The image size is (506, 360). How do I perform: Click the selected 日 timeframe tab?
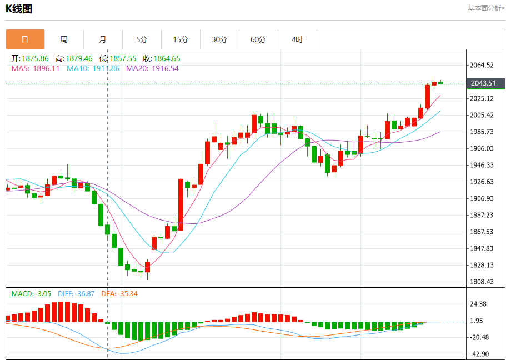tap(25, 39)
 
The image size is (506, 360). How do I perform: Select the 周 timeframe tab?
tap(64, 39)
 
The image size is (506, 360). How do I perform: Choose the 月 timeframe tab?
tap(103, 39)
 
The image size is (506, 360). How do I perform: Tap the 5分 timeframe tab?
tap(142, 39)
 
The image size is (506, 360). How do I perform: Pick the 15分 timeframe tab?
tap(181, 39)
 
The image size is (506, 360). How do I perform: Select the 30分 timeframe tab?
tap(219, 39)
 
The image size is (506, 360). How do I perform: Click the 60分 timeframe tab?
tap(258, 39)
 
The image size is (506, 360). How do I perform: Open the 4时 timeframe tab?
tap(297, 39)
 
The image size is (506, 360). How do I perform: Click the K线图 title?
tap(19, 9)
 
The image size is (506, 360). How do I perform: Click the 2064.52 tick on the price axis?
tap(482, 65)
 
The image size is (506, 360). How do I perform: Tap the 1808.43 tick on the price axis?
tap(482, 282)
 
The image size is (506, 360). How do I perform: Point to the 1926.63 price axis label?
tap(482, 182)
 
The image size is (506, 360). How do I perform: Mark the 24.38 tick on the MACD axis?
tap(479, 304)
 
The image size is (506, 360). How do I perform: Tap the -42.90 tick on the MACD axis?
tap(479, 354)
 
